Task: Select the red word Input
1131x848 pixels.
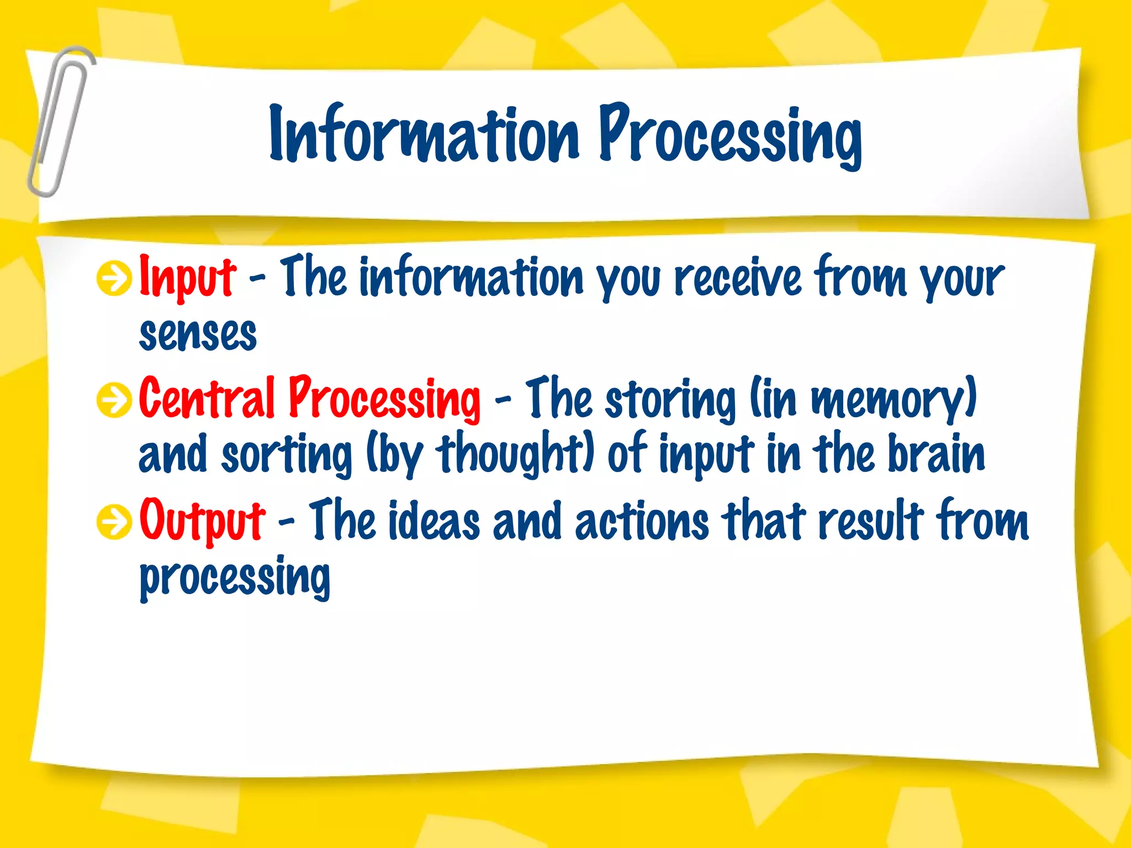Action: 187,278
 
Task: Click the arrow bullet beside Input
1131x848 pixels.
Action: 114,278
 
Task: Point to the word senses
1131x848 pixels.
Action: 198,335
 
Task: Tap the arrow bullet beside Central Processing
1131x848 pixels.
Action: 114,400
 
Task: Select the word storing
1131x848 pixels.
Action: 670,400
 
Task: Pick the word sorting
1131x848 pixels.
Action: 286,456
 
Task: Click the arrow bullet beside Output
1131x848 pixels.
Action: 114,521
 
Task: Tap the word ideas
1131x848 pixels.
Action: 434,521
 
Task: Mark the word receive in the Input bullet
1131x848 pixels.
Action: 738,278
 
